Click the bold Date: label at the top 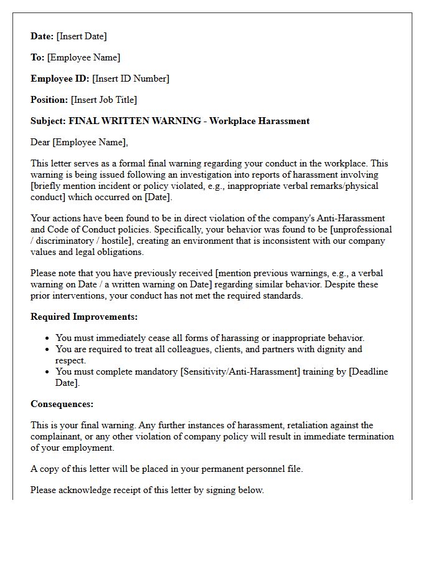(42, 36)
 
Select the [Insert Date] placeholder (82, 36)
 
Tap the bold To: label (37, 57)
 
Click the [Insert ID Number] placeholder (131, 79)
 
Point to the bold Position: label (49, 100)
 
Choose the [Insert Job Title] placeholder (104, 100)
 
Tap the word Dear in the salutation (40, 142)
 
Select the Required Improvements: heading (84, 317)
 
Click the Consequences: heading (62, 404)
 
